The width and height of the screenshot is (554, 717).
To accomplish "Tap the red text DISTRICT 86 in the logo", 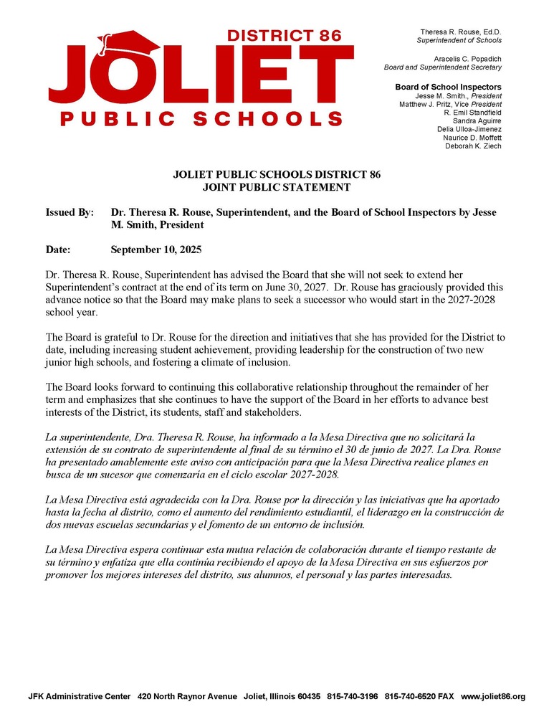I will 285,35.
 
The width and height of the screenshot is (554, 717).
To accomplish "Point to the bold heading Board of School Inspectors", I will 448,87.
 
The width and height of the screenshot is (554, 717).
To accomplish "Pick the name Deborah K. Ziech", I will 473,146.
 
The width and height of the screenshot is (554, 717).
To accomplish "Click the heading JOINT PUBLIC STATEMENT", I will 276,188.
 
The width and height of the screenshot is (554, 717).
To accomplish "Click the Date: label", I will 58,250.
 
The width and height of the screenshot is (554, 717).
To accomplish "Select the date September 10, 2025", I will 156,250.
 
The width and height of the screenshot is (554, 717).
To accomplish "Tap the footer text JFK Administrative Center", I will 79,696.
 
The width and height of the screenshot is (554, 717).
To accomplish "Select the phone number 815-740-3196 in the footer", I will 352,696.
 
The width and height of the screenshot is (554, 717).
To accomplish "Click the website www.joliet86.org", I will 493,696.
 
